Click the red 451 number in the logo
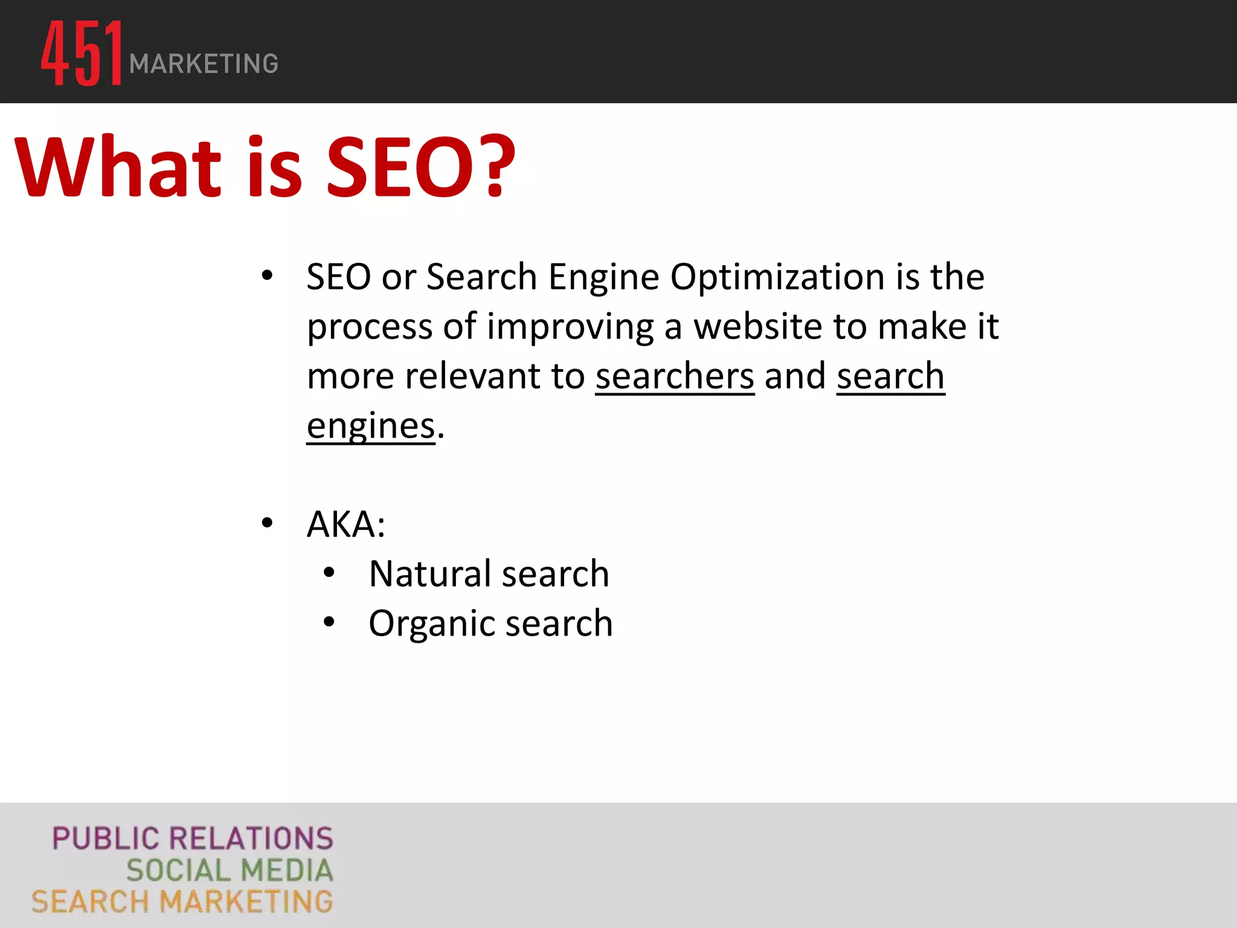(82, 53)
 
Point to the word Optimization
(778, 277)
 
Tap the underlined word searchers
(675, 376)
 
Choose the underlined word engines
(371, 427)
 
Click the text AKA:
(346, 524)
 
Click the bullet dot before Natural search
(329, 573)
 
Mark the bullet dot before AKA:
(267, 523)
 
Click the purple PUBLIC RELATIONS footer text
(193, 839)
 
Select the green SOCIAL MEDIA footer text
(230, 871)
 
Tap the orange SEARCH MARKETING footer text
(182, 902)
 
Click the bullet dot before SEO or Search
(267, 276)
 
